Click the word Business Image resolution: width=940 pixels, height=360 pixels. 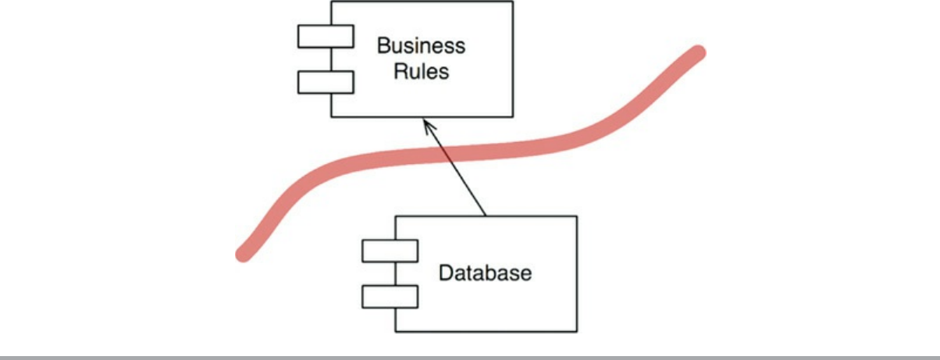coord(421,45)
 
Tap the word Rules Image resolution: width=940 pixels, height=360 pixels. coord(421,71)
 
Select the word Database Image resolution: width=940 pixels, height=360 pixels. coord(485,273)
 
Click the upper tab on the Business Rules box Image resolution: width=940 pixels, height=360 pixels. coord(326,36)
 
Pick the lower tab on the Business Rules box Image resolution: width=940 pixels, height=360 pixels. coord(326,81)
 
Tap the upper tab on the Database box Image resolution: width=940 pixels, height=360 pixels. coord(390,251)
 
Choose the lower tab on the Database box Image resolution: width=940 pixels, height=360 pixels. coord(390,297)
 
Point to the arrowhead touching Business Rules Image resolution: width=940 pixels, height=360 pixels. coord(425,120)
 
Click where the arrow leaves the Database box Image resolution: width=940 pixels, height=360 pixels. coord(486,215)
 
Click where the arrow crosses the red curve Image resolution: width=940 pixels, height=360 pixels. coord(446,153)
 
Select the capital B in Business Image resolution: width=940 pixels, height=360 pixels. coord(383,45)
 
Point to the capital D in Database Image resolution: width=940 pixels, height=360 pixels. coord(446,273)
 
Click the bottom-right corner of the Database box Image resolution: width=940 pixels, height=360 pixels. coord(577,331)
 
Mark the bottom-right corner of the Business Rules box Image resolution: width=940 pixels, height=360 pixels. coord(512,116)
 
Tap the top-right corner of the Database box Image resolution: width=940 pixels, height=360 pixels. coord(577,216)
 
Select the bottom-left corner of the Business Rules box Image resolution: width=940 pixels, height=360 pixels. coord(331,116)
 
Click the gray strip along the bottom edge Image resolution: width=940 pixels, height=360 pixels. coord(470,357)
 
